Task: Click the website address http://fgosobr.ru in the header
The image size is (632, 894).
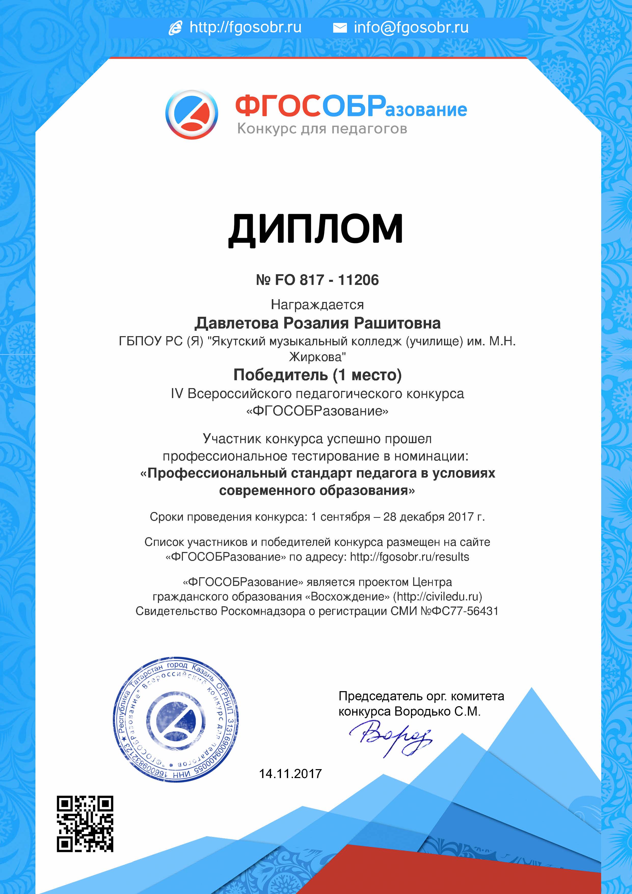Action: (x=245, y=28)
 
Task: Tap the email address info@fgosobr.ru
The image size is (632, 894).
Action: (x=411, y=28)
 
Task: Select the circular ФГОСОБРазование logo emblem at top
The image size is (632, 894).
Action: (x=192, y=114)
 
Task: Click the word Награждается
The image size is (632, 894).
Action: (x=317, y=305)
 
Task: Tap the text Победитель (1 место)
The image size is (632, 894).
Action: (x=317, y=375)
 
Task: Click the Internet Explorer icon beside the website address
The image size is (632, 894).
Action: (x=175, y=28)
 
